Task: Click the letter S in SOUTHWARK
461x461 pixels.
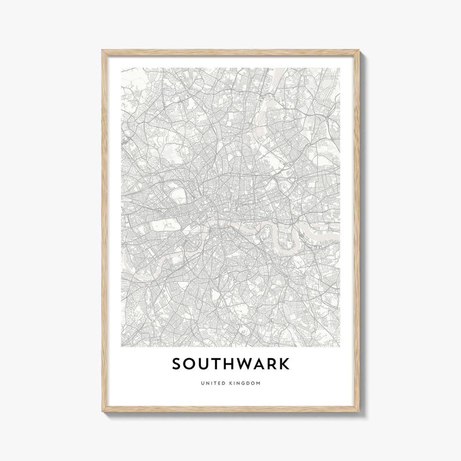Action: point(177,364)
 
